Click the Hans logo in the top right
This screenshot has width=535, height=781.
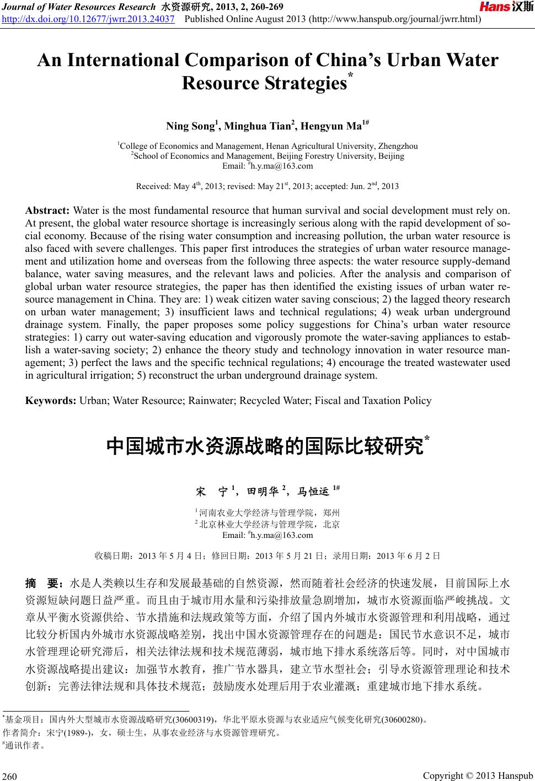pyautogui.click(x=506, y=7)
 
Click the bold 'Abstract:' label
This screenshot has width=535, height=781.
pyautogui.click(x=47, y=211)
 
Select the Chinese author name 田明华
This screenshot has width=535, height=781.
pyautogui.click(x=263, y=490)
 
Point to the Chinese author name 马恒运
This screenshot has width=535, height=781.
pyautogui.click(x=313, y=490)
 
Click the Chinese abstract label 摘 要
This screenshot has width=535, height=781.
pyautogui.click(x=46, y=583)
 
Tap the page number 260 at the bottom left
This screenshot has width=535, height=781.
pyautogui.click(x=11, y=777)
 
